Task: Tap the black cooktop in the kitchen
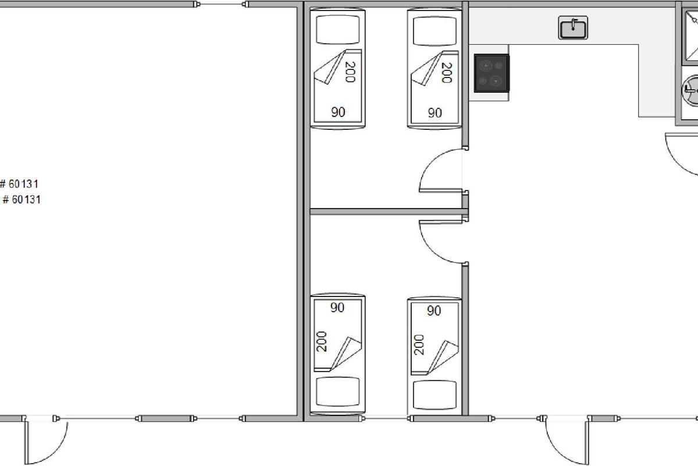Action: point(492,73)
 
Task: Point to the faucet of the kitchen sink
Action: point(574,24)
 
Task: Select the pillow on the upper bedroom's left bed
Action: point(338,30)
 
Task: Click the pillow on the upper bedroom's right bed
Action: point(435,31)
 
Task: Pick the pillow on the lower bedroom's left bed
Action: point(338,391)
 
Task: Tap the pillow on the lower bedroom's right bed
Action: point(435,395)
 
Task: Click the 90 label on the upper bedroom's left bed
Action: point(338,112)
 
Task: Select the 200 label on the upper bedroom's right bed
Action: point(447,73)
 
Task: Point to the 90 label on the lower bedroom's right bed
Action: point(434,310)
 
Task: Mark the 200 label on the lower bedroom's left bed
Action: point(321,341)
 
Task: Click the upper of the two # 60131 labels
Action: point(19,184)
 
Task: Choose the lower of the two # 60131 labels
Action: point(22,199)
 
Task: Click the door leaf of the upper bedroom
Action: point(441,190)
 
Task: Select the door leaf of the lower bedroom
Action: point(441,222)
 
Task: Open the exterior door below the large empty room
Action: point(27,442)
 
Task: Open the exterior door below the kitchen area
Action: point(587,442)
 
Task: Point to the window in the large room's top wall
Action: point(221,5)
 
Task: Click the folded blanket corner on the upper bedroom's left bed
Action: point(330,66)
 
